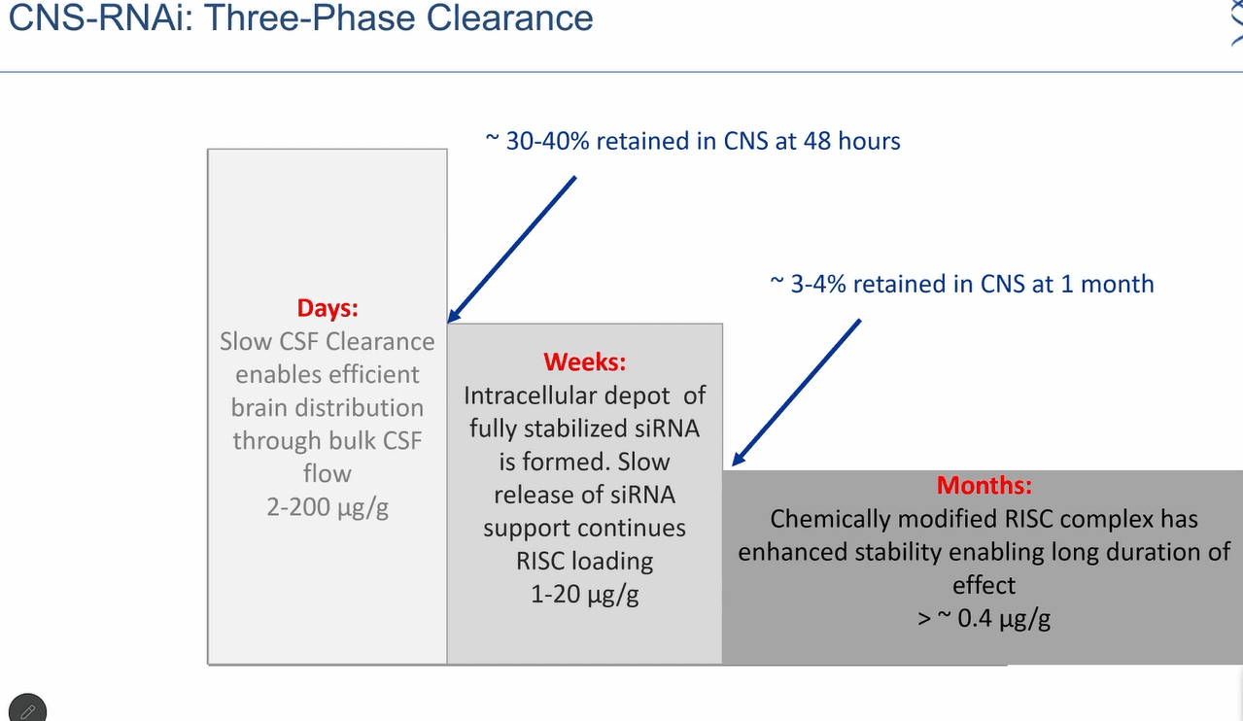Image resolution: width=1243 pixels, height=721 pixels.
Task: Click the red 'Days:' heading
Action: tap(328, 308)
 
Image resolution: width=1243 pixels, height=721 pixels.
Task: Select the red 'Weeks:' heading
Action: tap(584, 362)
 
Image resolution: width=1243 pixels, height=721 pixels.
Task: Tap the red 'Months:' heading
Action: tap(984, 485)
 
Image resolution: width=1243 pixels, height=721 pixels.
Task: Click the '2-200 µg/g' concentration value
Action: tap(328, 507)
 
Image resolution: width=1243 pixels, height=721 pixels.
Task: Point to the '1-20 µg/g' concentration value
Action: tap(584, 595)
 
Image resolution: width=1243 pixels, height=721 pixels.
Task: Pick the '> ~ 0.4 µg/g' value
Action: tap(984, 619)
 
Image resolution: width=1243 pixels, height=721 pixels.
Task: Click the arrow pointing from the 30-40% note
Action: tap(511, 250)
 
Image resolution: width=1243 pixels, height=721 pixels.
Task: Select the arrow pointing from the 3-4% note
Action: tap(796, 393)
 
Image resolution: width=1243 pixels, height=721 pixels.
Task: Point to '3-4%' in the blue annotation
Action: tap(818, 285)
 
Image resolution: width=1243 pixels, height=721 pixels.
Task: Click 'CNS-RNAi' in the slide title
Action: tap(100, 17)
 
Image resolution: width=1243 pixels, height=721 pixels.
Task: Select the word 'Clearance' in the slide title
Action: tap(509, 17)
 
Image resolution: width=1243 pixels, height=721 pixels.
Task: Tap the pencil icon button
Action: tap(28, 709)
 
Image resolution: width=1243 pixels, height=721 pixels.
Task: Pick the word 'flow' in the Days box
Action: tap(328, 474)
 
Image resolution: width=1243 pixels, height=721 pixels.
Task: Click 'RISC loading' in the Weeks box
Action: tap(584, 562)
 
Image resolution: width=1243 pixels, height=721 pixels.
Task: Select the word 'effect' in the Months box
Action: tap(984, 586)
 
